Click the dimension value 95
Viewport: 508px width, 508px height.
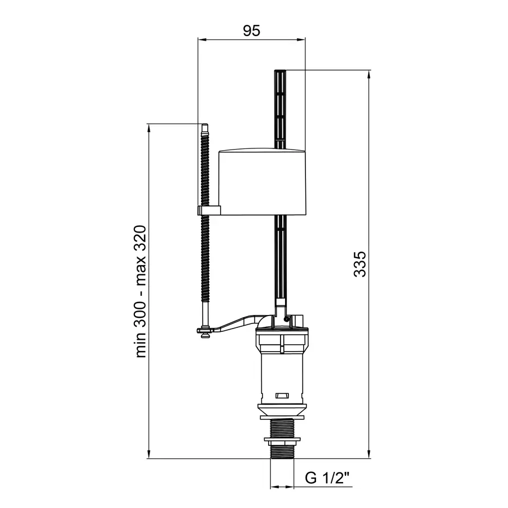(x=251, y=31)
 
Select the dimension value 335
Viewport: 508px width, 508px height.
(x=360, y=264)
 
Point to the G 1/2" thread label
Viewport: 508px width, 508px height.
(x=327, y=478)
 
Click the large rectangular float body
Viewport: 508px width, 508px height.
(x=262, y=182)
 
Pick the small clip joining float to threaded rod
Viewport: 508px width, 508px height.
(x=209, y=211)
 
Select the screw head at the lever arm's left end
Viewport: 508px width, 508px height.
(x=205, y=333)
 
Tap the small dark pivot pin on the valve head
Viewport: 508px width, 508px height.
(x=286, y=319)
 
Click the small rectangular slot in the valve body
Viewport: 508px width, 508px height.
(x=282, y=396)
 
